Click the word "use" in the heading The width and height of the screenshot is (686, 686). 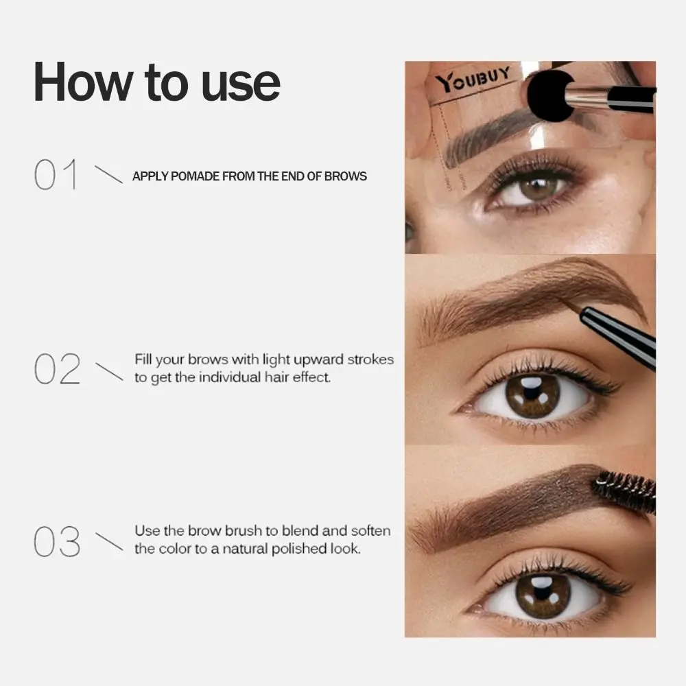pos(240,82)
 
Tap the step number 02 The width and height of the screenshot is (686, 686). pos(56,370)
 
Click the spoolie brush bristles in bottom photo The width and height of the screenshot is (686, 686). pos(624,489)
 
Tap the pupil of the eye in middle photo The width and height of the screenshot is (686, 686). pos(533,397)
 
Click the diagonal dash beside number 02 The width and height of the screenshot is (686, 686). pos(108,370)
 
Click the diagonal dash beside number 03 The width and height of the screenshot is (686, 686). pos(108,542)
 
